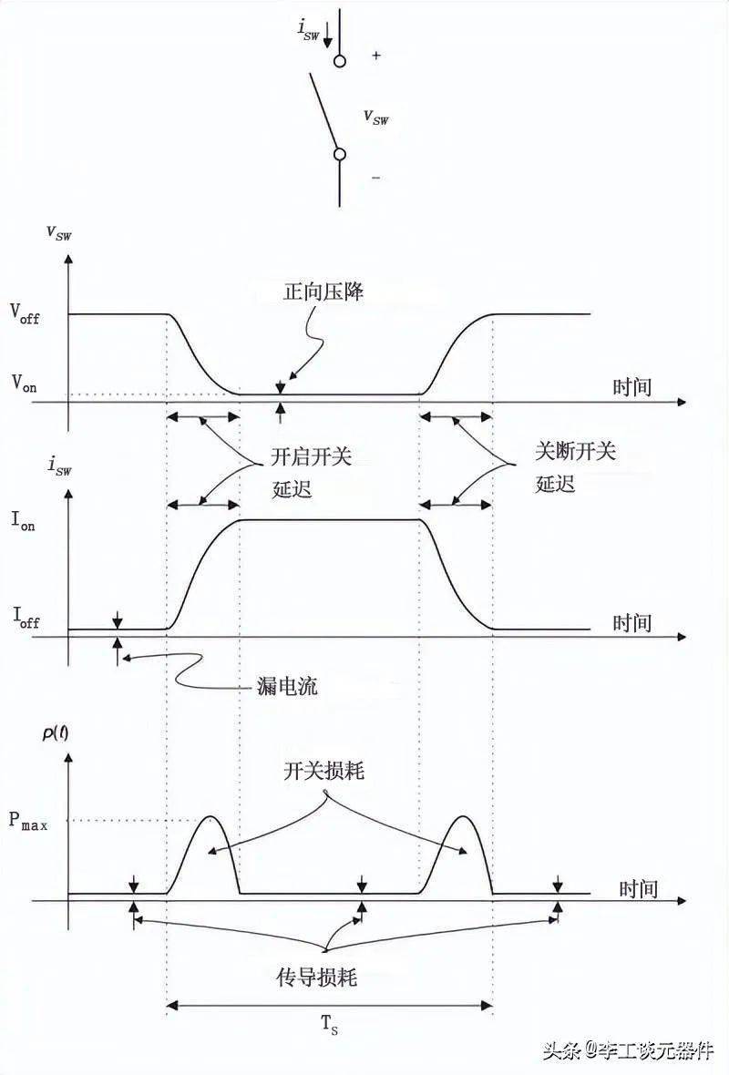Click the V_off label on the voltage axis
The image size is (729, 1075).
(x=25, y=314)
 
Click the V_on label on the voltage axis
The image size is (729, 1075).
(x=24, y=383)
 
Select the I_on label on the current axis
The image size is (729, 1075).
(x=23, y=520)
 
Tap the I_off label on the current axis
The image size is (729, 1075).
(x=26, y=617)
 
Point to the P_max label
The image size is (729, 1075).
(x=28, y=821)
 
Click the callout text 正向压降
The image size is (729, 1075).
(x=323, y=292)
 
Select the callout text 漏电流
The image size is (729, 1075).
(x=287, y=686)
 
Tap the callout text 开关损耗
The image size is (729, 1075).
(x=323, y=772)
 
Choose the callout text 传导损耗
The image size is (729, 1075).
(x=317, y=978)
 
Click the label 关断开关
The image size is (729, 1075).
(x=575, y=451)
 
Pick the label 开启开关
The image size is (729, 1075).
(x=312, y=456)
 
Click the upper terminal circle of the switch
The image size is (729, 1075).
(x=340, y=62)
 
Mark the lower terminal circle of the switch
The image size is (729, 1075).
(x=340, y=154)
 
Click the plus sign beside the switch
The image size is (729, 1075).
(x=375, y=56)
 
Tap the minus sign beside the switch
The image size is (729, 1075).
(x=375, y=179)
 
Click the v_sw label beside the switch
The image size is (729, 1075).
(x=375, y=118)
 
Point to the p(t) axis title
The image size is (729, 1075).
(x=56, y=733)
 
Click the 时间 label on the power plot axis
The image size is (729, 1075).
(x=639, y=889)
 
